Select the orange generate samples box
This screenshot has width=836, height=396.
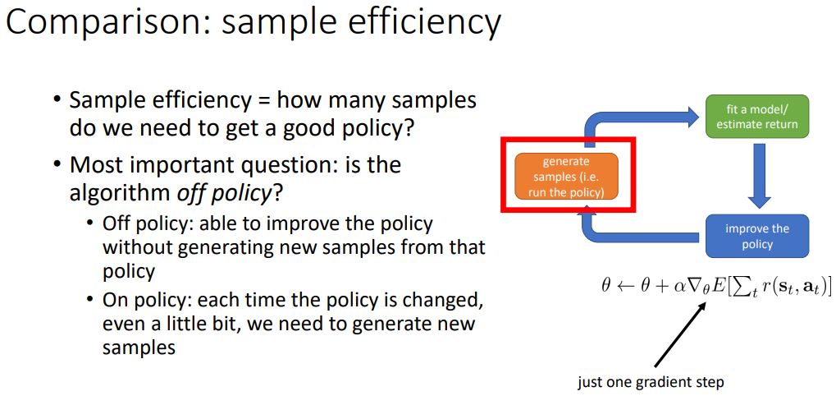(x=566, y=176)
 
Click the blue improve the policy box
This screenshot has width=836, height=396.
(x=756, y=236)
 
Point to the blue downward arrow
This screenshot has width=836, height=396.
(x=760, y=176)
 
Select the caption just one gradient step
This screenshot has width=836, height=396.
(x=651, y=381)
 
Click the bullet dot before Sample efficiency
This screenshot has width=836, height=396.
(x=57, y=101)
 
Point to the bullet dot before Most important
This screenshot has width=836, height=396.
(x=57, y=166)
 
